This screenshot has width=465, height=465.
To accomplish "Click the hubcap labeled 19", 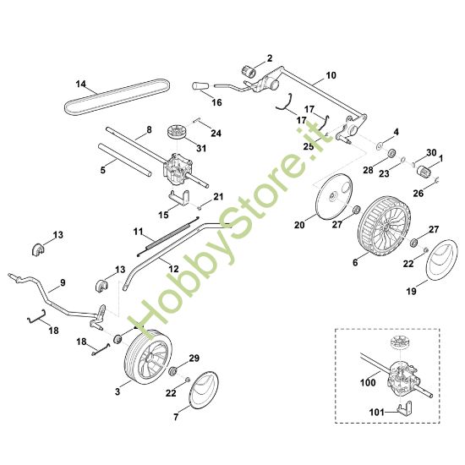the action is tap(441, 260).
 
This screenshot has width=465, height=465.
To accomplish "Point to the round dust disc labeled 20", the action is tap(335, 197).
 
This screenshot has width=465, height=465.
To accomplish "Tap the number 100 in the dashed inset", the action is tap(368, 382).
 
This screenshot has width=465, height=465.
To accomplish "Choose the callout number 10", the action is tap(331, 75).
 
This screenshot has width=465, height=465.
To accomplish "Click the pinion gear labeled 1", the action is tap(424, 172).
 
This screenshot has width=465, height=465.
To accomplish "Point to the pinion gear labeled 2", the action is tap(249, 72).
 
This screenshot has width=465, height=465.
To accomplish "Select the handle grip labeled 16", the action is tap(200, 86).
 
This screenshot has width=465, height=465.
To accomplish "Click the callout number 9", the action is tap(63, 282).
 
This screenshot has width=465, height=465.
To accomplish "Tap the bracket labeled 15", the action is tap(180, 197).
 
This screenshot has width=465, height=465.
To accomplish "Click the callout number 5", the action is tap(103, 170).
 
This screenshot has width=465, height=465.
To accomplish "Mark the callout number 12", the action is tap(173, 269).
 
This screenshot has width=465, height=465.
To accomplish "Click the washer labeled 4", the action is tap(380, 145).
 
